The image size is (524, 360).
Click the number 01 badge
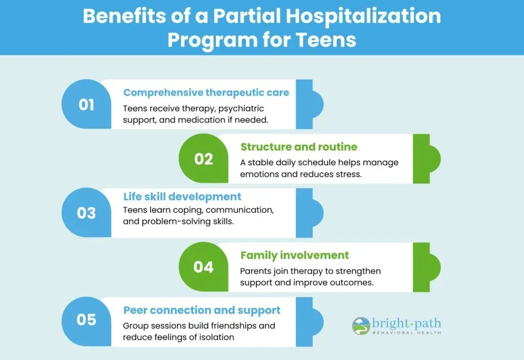point(86,104)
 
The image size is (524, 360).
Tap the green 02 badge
point(204,159)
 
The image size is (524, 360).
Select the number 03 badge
point(86,213)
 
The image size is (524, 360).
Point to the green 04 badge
point(204,267)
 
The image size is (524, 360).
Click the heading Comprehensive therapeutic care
point(206,93)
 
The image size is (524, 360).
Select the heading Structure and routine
point(299,147)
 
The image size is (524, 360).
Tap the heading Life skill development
point(182,197)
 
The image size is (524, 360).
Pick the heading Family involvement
point(294,255)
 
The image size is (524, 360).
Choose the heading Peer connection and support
point(202,310)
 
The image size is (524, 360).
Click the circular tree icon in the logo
point(361,326)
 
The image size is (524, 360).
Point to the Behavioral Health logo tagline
point(407,332)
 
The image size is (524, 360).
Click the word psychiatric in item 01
point(241,109)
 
